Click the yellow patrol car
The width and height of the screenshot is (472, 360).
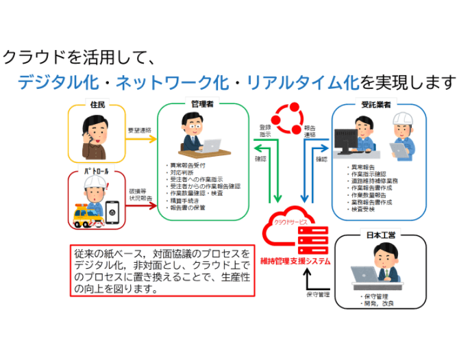coord(88,215)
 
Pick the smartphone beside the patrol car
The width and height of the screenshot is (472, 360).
coord(112,213)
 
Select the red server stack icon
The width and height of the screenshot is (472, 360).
coord(312,240)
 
